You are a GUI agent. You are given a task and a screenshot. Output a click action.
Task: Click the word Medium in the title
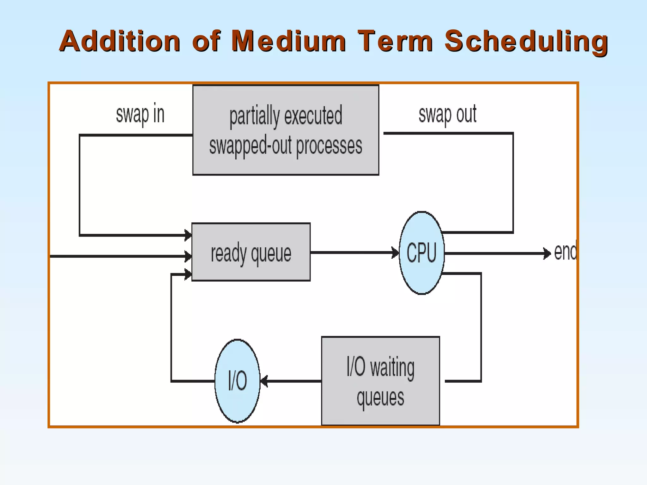point(288,41)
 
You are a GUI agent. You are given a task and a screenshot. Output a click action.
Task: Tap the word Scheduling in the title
point(526,41)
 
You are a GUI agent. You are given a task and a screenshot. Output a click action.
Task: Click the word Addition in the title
point(120,41)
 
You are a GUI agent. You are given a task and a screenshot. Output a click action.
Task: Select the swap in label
point(140,114)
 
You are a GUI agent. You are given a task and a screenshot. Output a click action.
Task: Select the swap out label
point(447,114)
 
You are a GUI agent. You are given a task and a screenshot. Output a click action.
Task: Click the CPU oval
point(421,253)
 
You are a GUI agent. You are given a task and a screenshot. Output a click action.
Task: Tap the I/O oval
point(237,381)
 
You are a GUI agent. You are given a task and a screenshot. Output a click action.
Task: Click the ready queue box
point(251,252)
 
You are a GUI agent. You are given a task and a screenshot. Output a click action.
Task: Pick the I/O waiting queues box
point(380,381)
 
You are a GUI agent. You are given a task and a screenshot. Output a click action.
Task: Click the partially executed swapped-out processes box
point(286,130)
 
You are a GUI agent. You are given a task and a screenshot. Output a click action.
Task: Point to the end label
point(565,252)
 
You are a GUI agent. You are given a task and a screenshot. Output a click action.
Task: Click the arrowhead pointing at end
point(547,253)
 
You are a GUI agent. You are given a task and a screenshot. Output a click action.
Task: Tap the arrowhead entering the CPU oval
point(395,253)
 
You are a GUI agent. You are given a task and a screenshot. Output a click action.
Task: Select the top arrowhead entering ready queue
point(188,235)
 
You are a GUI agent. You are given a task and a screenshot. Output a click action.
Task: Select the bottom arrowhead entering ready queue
point(188,274)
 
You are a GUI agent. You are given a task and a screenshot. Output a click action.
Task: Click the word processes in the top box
point(329,146)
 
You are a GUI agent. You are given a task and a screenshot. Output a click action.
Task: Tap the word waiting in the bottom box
point(392,368)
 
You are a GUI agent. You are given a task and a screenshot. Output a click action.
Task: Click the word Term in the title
point(395,41)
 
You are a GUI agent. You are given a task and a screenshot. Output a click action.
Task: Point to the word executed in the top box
point(313,116)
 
